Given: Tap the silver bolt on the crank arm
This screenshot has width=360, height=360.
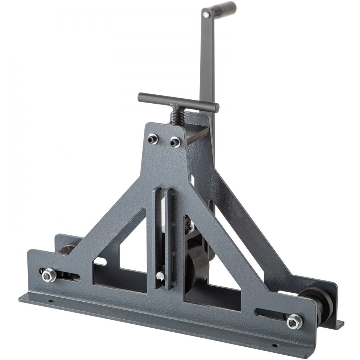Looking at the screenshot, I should [206, 15].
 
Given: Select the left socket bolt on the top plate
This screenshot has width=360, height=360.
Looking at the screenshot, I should [153, 139].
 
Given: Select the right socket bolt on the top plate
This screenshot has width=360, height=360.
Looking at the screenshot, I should [175, 142].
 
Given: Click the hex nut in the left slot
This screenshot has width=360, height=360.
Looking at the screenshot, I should [49, 275].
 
